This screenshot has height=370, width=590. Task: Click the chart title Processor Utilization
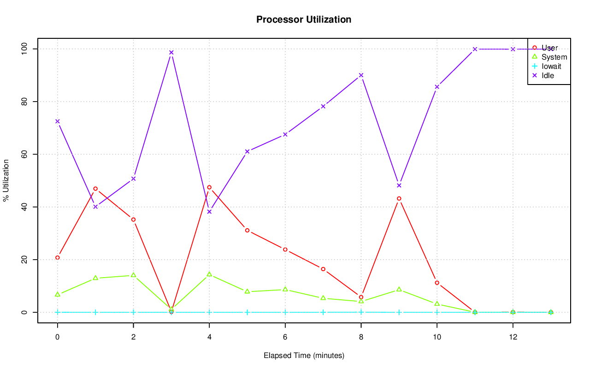(x=304, y=19)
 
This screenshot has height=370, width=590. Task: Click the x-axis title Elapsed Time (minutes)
(x=304, y=356)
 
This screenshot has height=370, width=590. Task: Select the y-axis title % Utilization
(x=6, y=180)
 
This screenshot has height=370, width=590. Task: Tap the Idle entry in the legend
(x=548, y=75)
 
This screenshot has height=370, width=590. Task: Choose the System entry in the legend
(x=554, y=57)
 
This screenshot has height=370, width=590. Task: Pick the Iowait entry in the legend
(x=551, y=67)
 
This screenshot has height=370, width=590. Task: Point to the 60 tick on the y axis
(x=24, y=154)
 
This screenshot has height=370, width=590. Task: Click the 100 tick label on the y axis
(x=24, y=49)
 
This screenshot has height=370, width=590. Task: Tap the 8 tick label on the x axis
(x=361, y=337)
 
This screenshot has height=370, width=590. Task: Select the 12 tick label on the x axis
(x=513, y=337)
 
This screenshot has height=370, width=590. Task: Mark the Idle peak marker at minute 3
(x=171, y=52)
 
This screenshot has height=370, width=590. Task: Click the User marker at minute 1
(x=95, y=188)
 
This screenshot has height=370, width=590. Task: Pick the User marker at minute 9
(x=399, y=199)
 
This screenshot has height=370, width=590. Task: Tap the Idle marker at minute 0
(x=58, y=121)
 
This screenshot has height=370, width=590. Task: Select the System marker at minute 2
(x=134, y=275)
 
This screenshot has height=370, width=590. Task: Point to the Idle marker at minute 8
(x=361, y=75)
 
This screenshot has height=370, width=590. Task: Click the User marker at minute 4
(x=209, y=188)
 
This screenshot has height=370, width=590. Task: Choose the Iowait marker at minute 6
(x=285, y=312)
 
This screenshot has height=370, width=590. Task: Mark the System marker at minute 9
(x=399, y=289)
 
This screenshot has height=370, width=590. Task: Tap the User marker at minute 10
(x=437, y=283)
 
